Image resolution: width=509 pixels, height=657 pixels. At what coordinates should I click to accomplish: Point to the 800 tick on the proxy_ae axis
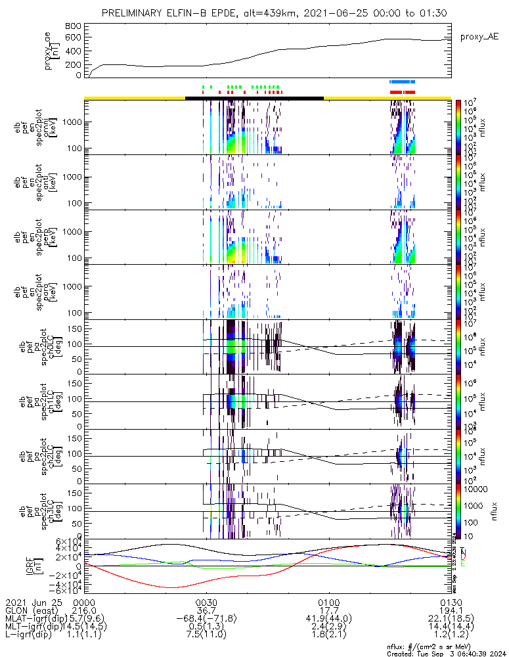(74, 26)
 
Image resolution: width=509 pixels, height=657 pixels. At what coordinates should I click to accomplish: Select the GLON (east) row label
(32, 610)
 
